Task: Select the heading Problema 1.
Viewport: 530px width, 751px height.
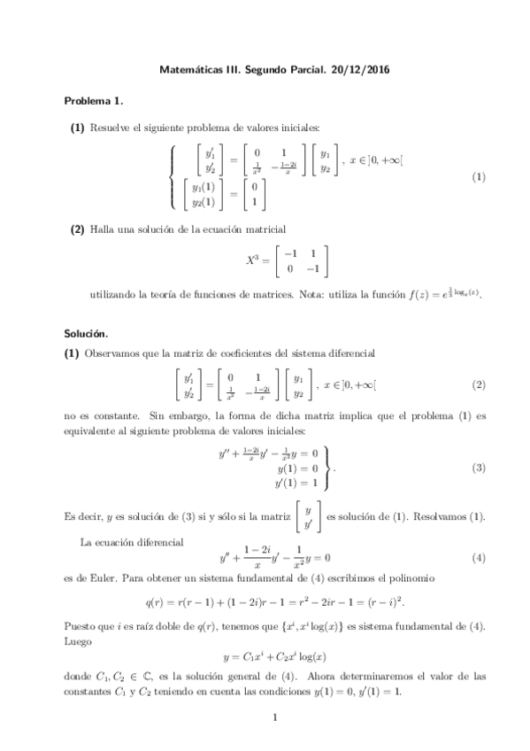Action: coord(91,102)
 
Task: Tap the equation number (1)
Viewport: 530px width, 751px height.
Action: coord(479,177)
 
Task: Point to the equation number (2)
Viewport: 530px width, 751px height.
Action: coord(479,385)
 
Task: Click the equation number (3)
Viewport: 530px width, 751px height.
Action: coord(479,468)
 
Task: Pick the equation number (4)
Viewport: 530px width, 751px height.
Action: coord(479,559)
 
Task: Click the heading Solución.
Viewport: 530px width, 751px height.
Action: coord(85,334)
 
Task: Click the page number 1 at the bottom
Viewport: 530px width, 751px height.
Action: coord(275,718)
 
